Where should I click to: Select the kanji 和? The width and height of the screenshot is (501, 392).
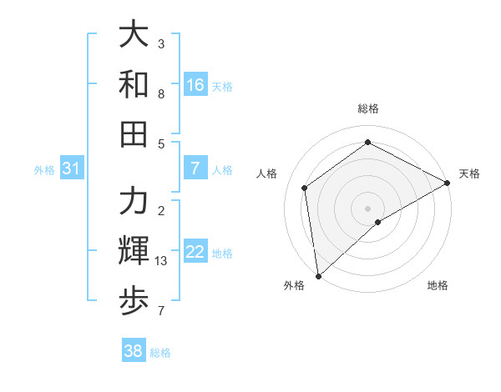134,84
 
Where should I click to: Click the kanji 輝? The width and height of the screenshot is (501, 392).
134,251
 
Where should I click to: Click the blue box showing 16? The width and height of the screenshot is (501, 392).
195,85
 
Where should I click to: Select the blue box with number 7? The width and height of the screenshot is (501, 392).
195,169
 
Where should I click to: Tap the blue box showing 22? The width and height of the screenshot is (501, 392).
195,253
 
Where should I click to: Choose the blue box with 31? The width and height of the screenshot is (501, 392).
71,169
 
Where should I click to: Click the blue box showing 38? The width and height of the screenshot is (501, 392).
133,351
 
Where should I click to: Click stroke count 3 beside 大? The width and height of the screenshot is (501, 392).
161,43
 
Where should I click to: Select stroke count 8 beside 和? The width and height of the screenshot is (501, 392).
161,93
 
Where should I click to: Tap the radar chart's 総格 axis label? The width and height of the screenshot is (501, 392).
368,109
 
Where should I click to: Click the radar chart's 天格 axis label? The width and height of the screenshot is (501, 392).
469,173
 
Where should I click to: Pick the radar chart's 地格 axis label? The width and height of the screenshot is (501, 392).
438,286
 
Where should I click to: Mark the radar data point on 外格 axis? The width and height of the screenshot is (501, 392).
318,275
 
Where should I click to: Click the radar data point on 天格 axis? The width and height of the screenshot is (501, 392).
448,183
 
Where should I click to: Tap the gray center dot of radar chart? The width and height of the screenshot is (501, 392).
368,207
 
